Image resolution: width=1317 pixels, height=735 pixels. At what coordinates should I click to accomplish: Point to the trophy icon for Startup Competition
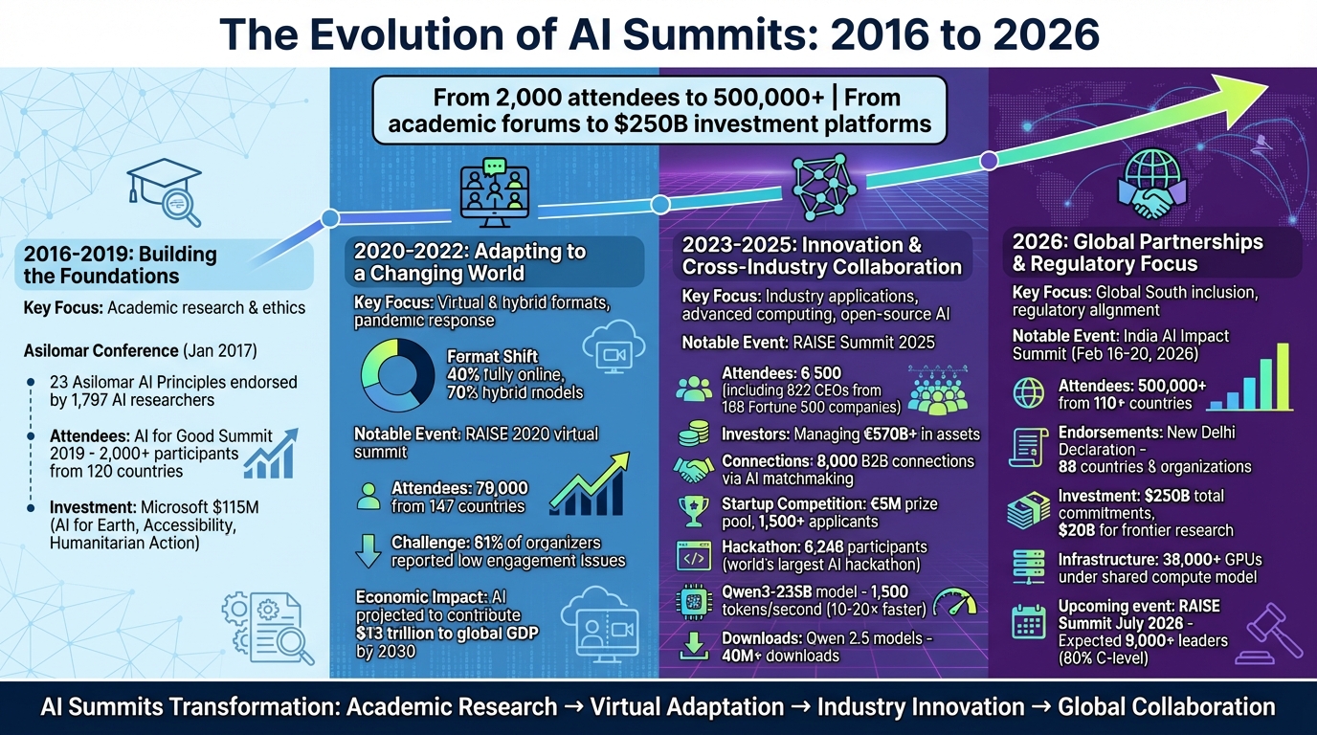coord(692,511)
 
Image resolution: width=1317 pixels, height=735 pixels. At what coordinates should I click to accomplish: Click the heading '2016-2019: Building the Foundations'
coord(121,265)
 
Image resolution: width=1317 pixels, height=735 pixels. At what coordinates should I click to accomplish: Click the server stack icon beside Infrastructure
coord(1029,568)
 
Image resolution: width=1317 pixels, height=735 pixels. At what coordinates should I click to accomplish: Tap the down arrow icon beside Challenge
coord(368,551)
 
